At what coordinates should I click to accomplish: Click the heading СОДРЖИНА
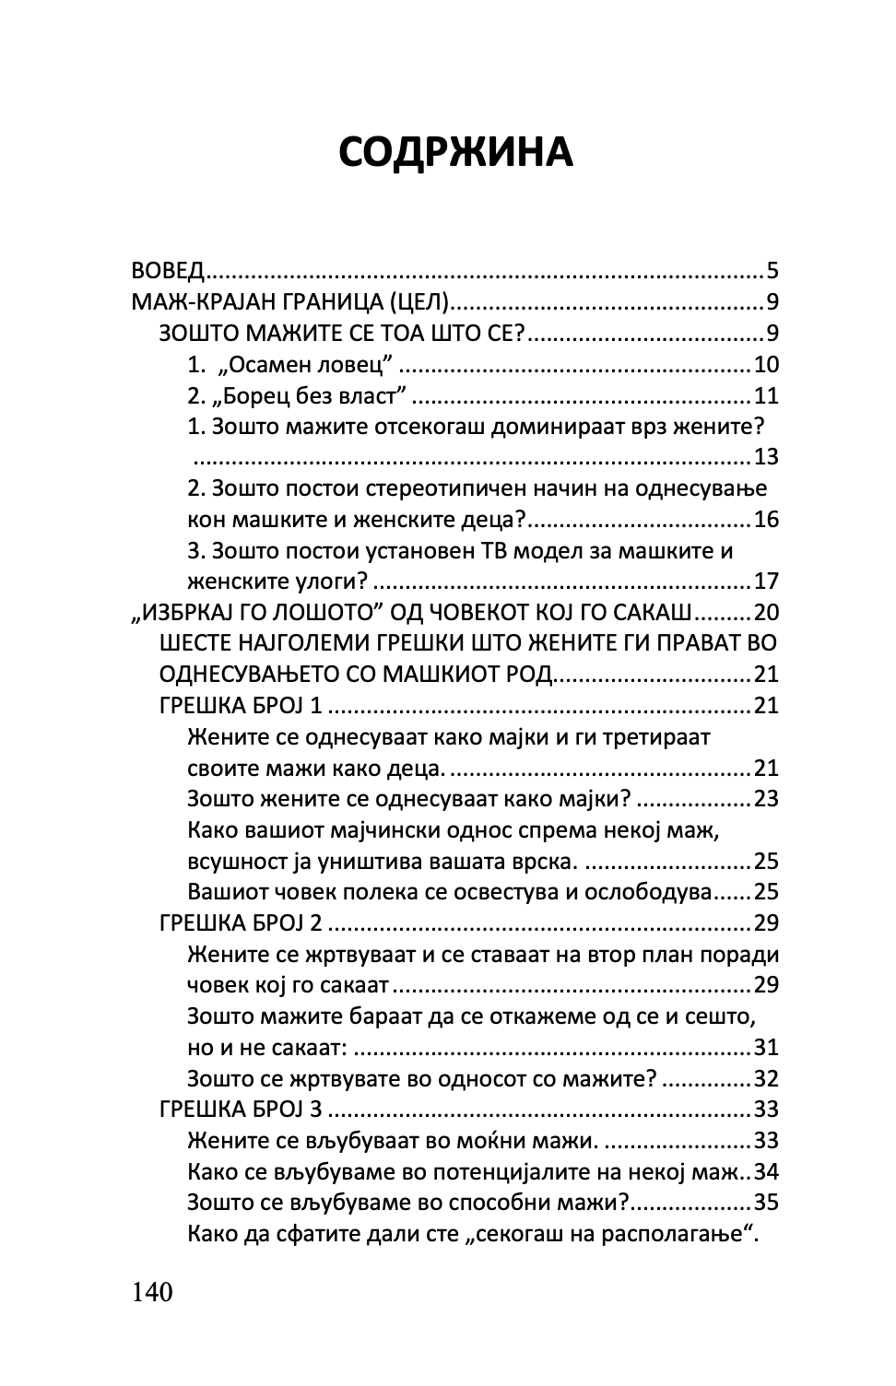(x=455, y=152)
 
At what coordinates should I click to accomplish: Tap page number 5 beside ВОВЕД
(x=772, y=271)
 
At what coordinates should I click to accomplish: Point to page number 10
(x=766, y=365)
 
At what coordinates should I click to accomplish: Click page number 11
(x=766, y=396)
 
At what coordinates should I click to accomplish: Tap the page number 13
(x=766, y=458)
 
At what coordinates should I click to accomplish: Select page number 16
(x=766, y=520)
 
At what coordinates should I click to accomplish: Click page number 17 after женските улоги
(x=766, y=581)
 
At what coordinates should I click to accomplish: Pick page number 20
(x=766, y=613)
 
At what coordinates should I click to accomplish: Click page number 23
(x=766, y=799)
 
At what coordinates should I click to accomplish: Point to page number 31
(x=766, y=1048)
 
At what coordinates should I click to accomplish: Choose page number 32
(x=766, y=1078)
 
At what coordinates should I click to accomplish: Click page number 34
(x=766, y=1171)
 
